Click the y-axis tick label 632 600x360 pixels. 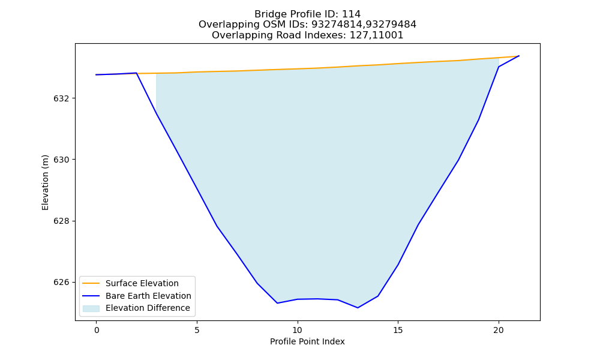[62, 99]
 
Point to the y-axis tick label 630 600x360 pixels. [62, 160]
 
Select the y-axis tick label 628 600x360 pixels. [62, 221]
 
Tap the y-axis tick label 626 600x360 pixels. [62, 283]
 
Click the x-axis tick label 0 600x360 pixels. [97, 330]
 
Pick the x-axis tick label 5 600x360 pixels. [197, 330]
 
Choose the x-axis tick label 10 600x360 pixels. [298, 330]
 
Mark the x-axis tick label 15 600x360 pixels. [398, 330]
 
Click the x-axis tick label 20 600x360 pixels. [499, 330]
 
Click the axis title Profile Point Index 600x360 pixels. [307, 341]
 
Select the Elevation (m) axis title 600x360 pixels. [45, 182]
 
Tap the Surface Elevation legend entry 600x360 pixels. [142, 283]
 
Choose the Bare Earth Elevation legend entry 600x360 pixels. [148, 296]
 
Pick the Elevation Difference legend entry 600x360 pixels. [148, 308]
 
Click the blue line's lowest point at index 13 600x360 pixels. [358, 308]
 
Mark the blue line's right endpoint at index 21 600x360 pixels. [519, 56]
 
